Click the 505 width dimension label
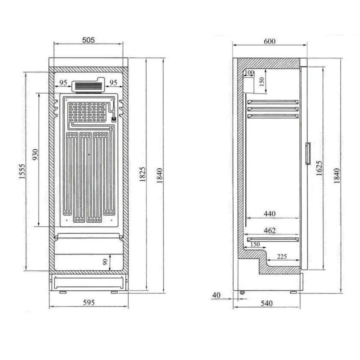tap(88, 40)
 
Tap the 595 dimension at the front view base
tap(89, 303)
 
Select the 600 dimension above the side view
tap(270, 41)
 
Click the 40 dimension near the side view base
tap(216, 295)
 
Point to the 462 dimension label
tap(270, 231)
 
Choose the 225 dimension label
tap(282, 257)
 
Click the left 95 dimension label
tap(63, 82)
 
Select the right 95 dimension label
tap(113, 82)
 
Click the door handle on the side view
tap(308, 153)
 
